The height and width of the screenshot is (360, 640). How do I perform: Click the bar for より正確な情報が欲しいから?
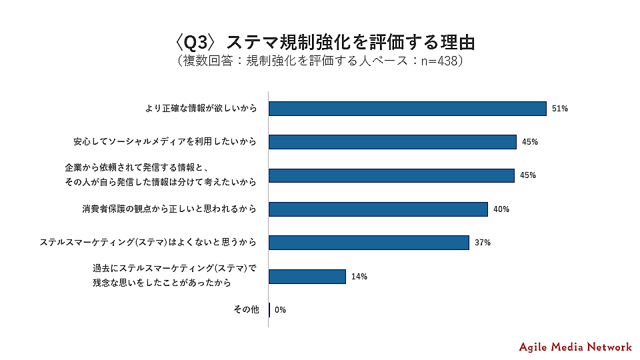pos(407,109)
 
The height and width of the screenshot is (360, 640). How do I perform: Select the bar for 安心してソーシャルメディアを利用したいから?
pos(392,142)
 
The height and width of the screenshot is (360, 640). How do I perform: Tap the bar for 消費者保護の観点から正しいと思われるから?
pos(378,209)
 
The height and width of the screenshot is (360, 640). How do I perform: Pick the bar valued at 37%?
pos(369,243)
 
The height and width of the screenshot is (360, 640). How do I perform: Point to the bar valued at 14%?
pos(307,276)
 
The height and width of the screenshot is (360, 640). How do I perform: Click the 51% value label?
pos(559,109)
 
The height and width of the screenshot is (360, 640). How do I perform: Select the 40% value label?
pos(501,209)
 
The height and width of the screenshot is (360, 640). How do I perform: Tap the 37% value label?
pos(483,243)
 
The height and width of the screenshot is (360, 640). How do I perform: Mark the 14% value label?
pos(359,276)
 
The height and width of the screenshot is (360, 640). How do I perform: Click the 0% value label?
pos(280,310)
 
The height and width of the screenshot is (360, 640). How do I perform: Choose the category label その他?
pos(245,310)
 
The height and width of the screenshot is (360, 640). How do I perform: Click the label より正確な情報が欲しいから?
pos(201,109)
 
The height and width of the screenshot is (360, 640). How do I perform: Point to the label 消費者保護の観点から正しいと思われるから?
pos(169,209)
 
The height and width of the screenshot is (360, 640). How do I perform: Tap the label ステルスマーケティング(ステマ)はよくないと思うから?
pos(149,243)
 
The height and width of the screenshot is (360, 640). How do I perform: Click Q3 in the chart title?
pos(198,41)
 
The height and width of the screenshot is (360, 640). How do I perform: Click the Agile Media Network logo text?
pos(575,347)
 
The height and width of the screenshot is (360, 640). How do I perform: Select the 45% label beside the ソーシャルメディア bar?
pos(529,142)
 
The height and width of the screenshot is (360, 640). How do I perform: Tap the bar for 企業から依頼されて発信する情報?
pos(391,175)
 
